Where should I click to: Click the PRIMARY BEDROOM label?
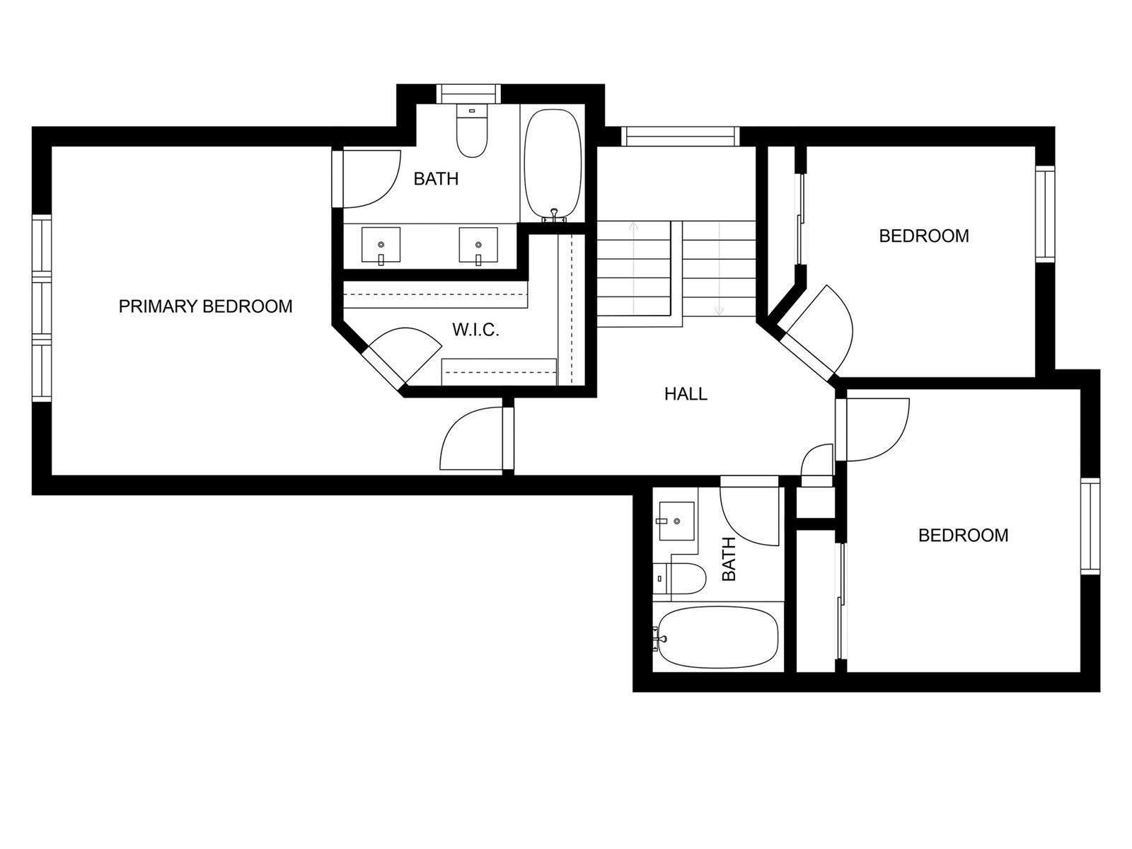pyautogui.click(x=205, y=307)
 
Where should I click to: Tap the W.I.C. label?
pyautogui.click(x=475, y=330)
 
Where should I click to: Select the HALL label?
pyautogui.click(x=686, y=394)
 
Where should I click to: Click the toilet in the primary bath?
pyautogui.click(x=472, y=131)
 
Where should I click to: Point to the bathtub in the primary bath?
pyautogui.click(x=553, y=165)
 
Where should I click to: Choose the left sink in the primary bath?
pyautogui.click(x=381, y=245)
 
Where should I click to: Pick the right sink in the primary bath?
pyautogui.click(x=478, y=245)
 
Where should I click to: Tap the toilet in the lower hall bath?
pyautogui.click(x=680, y=578)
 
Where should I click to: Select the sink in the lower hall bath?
pyautogui.click(x=676, y=521)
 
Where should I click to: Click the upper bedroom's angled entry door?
pyautogui.click(x=815, y=330)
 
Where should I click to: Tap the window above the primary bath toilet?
pyautogui.click(x=469, y=94)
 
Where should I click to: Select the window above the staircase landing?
pyautogui.click(x=681, y=137)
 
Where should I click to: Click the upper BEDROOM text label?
pyautogui.click(x=924, y=236)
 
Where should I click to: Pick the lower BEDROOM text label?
pyautogui.click(x=963, y=536)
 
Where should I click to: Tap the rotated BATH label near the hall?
pyautogui.click(x=728, y=559)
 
